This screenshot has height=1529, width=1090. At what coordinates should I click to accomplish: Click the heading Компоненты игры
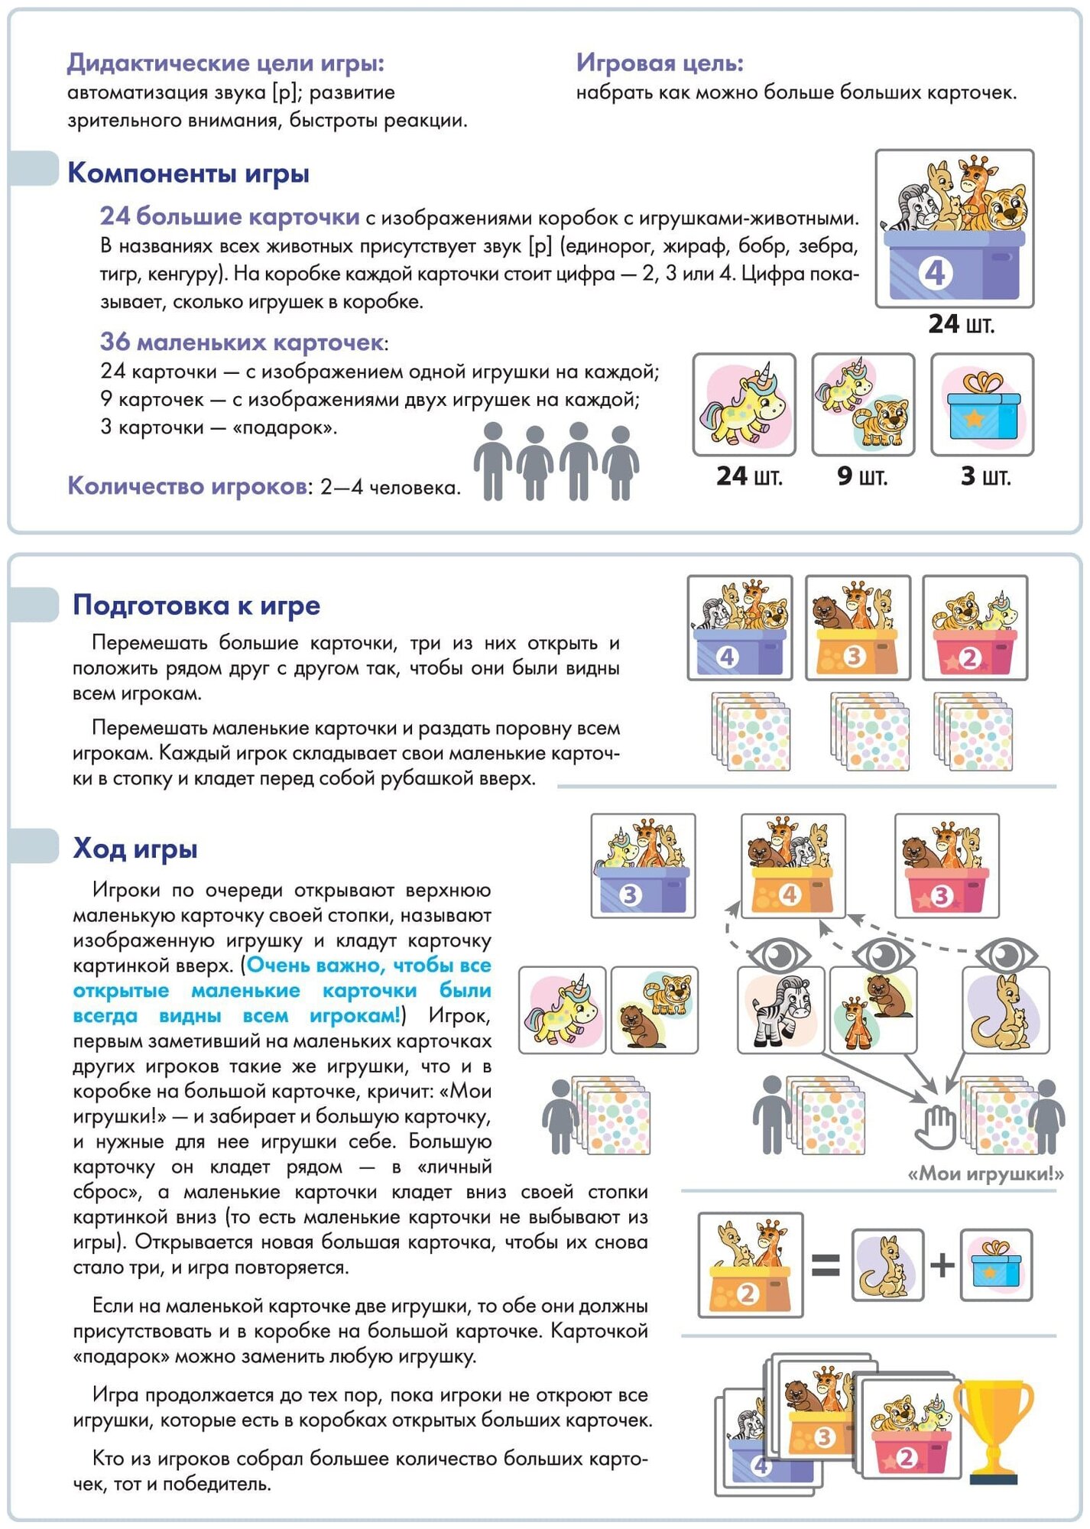(x=188, y=173)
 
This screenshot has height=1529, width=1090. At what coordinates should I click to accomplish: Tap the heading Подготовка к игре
(x=196, y=605)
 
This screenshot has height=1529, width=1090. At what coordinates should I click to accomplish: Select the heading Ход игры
(x=135, y=848)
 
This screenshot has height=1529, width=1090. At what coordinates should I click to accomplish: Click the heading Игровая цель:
(x=660, y=62)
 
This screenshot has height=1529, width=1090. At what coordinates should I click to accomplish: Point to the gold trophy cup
(x=993, y=1429)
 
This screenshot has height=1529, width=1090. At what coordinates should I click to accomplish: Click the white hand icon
(x=936, y=1127)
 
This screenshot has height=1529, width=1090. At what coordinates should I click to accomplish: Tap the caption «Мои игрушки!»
(x=985, y=1174)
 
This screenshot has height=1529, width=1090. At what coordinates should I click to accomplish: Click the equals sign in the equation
(x=825, y=1265)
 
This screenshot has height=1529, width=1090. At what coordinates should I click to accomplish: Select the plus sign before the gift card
(x=942, y=1265)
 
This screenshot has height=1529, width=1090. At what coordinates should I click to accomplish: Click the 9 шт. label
(x=862, y=476)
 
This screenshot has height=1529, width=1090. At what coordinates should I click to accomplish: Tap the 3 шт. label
(x=985, y=476)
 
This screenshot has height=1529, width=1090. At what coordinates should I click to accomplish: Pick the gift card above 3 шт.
(x=982, y=405)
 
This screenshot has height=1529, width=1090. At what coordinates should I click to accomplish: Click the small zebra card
(x=780, y=1011)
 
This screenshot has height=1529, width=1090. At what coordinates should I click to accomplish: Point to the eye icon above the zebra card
(x=779, y=954)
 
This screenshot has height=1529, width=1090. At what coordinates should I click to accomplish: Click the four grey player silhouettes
(x=556, y=461)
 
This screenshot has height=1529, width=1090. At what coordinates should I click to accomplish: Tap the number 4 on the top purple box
(x=935, y=273)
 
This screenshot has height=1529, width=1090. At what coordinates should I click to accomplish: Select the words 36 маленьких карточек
(x=242, y=342)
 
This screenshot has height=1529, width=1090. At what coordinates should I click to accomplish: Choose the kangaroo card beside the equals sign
(x=887, y=1265)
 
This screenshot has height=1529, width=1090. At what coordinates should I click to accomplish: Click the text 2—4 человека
(x=390, y=488)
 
